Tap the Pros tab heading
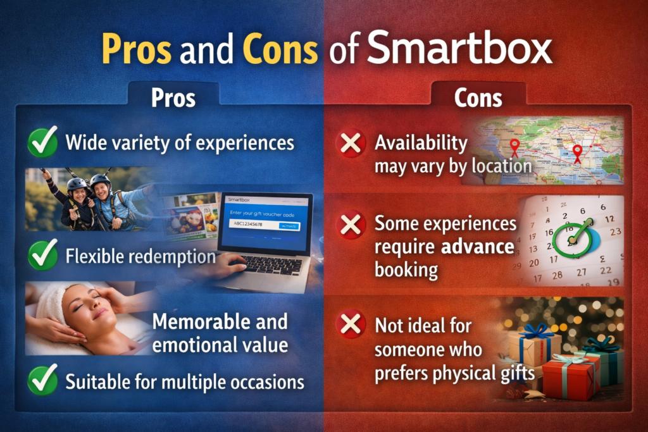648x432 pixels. (x=173, y=98)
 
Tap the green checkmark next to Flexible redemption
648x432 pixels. (x=42, y=257)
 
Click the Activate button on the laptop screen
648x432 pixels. (x=289, y=226)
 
